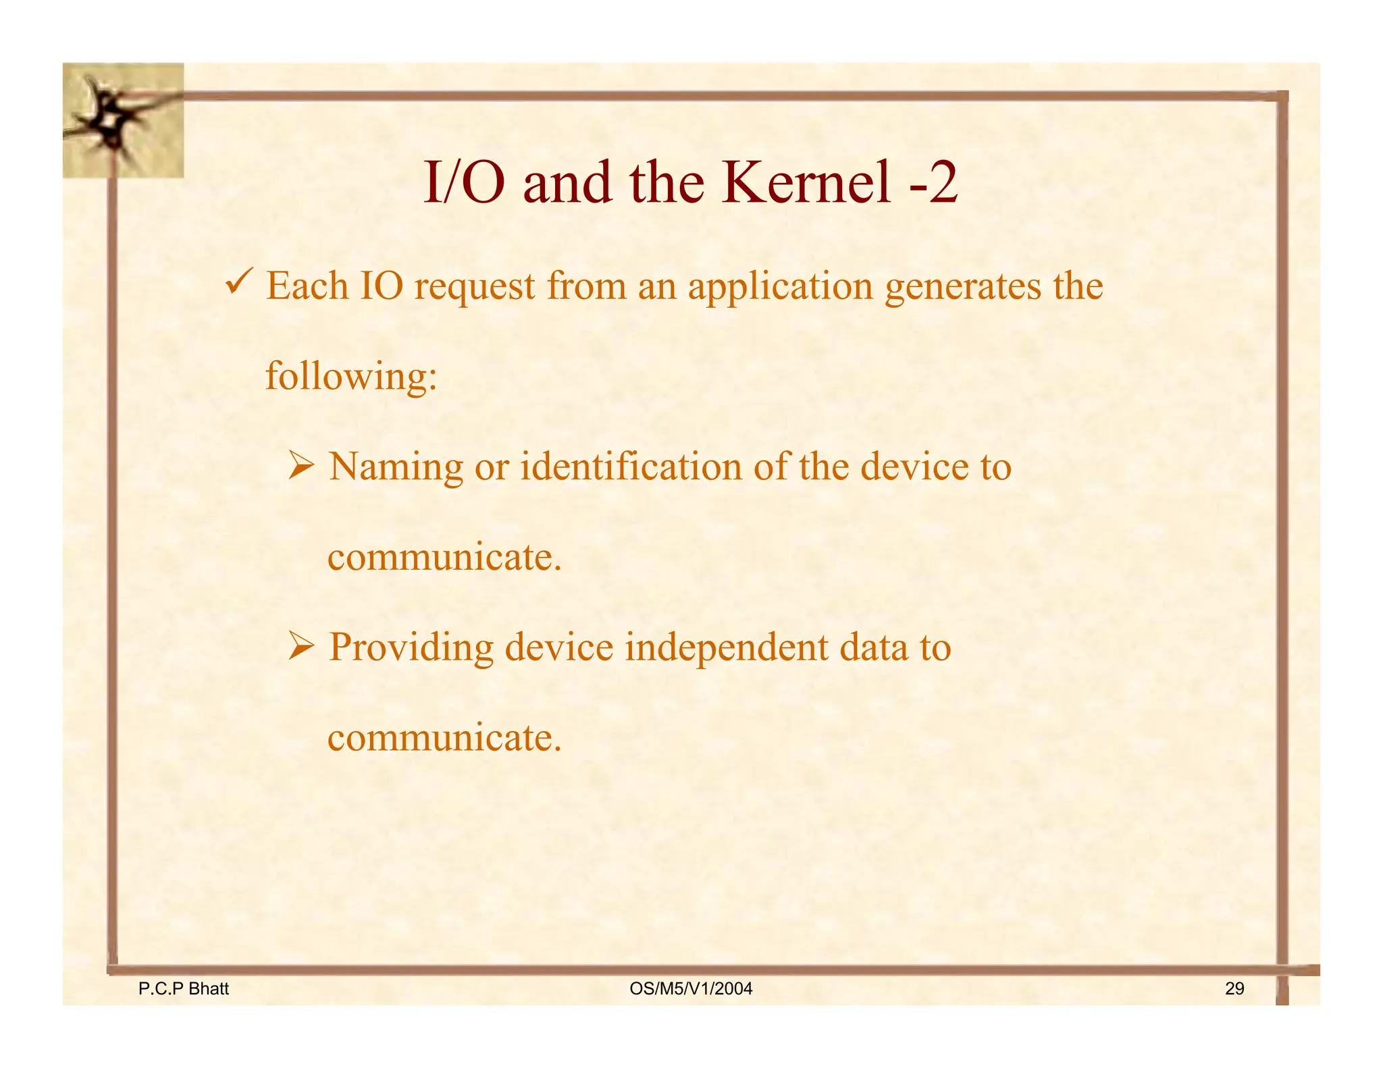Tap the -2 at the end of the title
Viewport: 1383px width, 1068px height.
tap(933, 184)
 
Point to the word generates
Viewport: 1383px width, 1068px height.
tap(963, 288)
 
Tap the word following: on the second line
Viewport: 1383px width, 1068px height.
tap(351, 377)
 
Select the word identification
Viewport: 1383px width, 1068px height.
tap(631, 467)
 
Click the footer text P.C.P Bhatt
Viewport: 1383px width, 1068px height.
tap(183, 989)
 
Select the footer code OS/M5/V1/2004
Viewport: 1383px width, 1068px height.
tap(690, 989)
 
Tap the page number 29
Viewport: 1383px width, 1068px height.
tap(1234, 989)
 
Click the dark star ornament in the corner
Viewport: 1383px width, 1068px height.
tap(111, 122)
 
